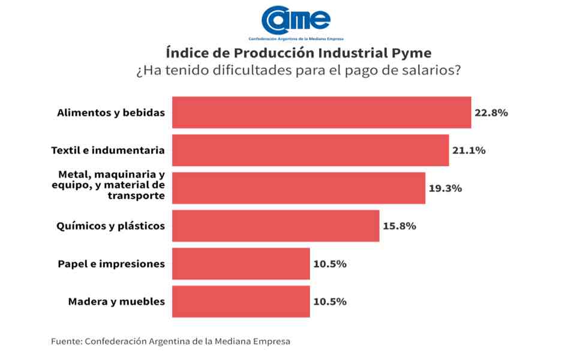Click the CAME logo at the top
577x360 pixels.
(296, 20)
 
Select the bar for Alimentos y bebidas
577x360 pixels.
(321, 112)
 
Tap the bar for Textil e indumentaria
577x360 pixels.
(310, 150)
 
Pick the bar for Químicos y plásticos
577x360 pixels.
(275, 226)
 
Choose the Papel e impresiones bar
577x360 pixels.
(241, 263)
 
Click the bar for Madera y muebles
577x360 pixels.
(241, 301)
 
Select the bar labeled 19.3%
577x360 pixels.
(298, 188)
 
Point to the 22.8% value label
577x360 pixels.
(491, 113)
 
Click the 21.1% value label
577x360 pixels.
(468, 151)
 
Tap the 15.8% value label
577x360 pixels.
(399, 226)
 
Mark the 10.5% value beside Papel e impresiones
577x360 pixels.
(329, 264)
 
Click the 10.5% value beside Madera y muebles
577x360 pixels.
(329, 302)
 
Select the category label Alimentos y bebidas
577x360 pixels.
(110, 112)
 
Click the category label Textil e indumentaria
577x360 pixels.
(108, 150)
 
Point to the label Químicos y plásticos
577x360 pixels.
(110, 226)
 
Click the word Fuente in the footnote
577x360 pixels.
(66, 341)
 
